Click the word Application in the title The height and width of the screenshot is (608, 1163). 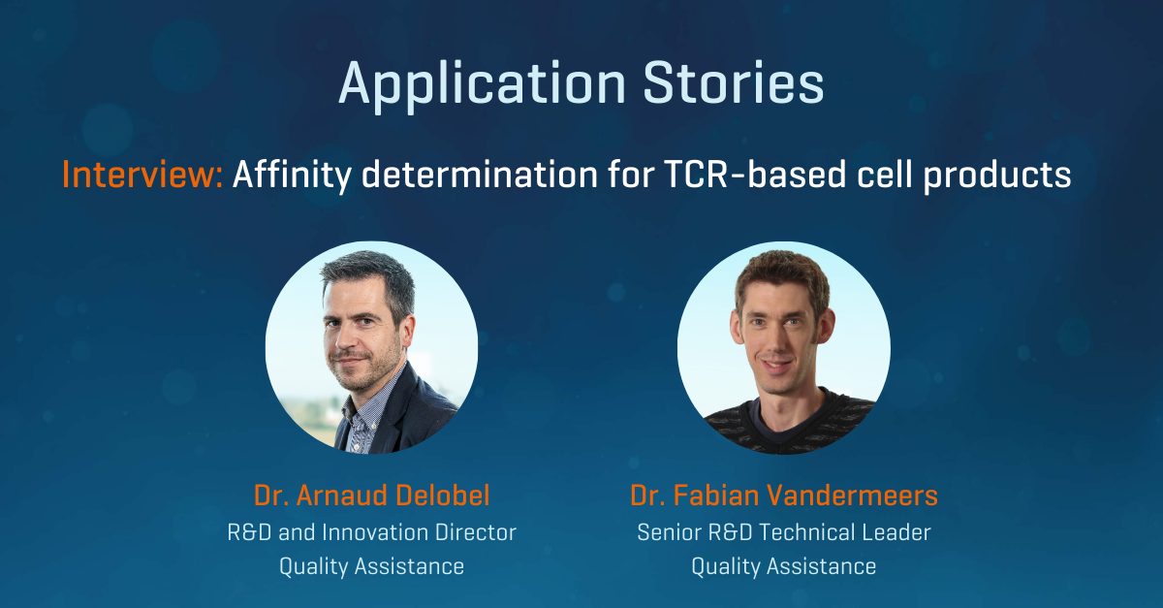483,85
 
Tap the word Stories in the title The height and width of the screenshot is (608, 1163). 734,83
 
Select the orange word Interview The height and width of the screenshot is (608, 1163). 142,175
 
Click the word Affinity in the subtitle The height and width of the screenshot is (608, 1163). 293,176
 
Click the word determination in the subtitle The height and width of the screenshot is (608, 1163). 479,175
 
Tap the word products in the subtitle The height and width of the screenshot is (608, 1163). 997,176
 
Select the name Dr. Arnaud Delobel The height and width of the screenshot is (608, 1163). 372,496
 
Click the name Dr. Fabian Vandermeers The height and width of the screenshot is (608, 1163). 784,496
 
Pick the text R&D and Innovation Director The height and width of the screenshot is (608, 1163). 372,532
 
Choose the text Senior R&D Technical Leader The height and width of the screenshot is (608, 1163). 784,532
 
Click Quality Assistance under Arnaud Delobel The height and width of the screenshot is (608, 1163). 372,566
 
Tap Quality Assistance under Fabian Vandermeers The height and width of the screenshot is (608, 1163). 784,566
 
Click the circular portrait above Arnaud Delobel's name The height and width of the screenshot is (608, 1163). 372,347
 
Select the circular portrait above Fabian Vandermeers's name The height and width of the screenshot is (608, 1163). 784,347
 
